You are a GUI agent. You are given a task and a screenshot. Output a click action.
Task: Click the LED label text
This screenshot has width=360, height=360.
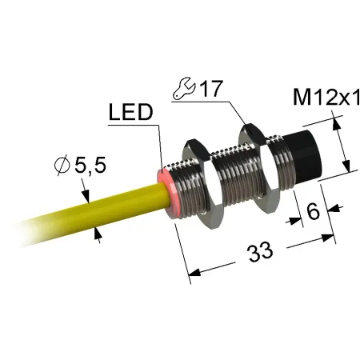(131, 112)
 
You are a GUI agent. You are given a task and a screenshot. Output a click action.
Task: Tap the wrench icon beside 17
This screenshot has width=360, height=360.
(184, 89)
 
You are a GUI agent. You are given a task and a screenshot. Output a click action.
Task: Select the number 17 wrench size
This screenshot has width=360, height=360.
(211, 89)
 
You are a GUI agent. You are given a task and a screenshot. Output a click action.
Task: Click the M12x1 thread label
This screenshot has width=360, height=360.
(326, 97)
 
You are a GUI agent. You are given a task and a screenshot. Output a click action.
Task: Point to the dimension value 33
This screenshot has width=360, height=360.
(260, 252)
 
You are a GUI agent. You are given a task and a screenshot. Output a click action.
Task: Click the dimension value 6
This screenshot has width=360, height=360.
(313, 211)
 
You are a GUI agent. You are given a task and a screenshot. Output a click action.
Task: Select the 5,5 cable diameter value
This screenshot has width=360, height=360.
(90, 166)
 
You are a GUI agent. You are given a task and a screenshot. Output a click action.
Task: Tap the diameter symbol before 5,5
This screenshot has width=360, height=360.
(62, 166)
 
